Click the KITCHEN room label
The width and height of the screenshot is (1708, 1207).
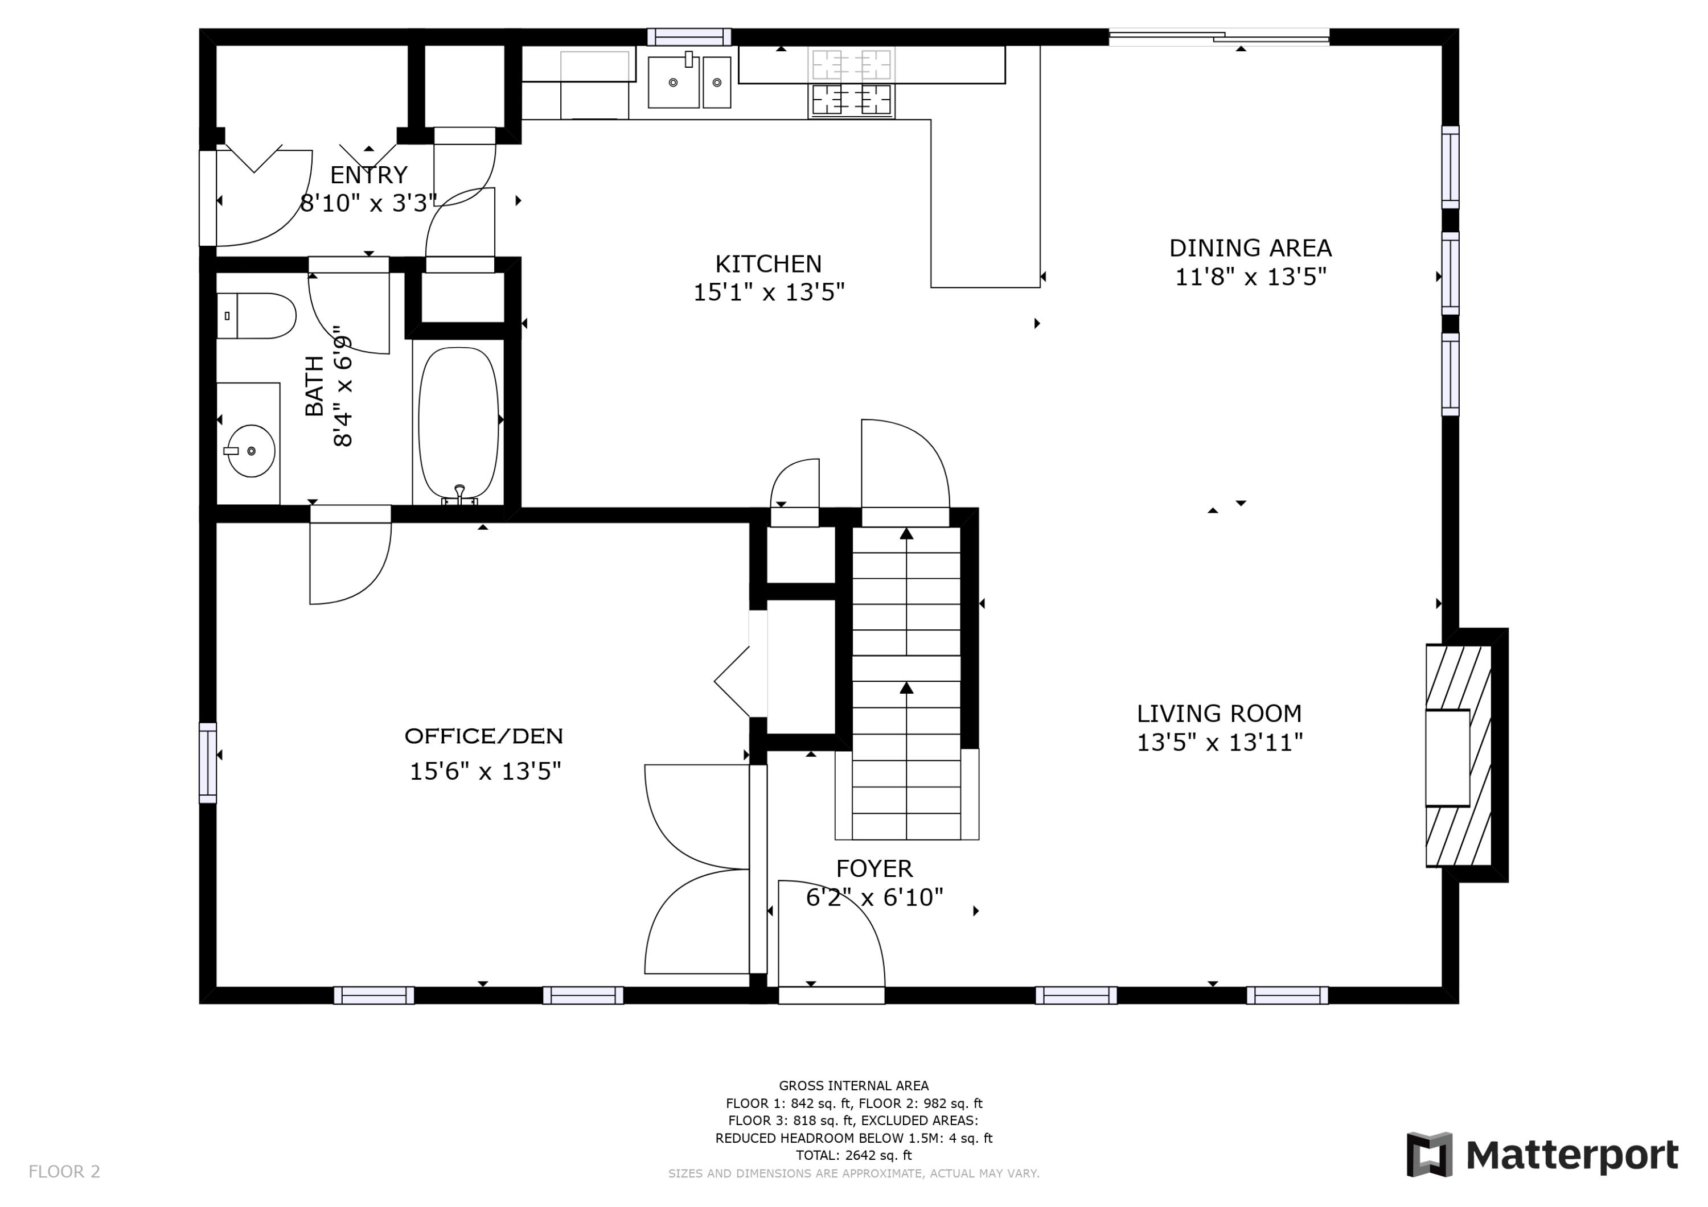[x=769, y=264]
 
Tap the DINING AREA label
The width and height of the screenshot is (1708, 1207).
[x=1250, y=248]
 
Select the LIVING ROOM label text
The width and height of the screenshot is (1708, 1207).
[x=1220, y=714]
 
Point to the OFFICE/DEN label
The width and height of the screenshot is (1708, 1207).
[x=483, y=736]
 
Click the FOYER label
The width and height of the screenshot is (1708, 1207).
[x=874, y=868]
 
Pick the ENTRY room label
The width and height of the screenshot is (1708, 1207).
[x=369, y=175]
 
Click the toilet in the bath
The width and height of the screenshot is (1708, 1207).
[x=257, y=316]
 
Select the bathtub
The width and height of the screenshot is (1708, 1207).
[x=459, y=424]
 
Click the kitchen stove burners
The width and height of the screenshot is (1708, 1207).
[x=852, y=83]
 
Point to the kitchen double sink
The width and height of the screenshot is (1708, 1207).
[x=689, y=82]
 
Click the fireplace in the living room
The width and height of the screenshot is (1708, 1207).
[x=1459, y=756]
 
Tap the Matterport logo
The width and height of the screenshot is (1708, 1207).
[x=1542, y=1156]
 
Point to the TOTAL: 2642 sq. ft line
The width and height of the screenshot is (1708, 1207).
[x=854, y=1156]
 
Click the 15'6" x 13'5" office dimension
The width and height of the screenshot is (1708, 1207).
[x=485, y=772]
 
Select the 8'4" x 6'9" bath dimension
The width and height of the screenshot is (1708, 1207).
[x=342, y=386]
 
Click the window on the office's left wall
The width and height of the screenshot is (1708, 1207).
[x=208, y=763]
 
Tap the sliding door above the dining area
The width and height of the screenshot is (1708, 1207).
[x=1220, y=36]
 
